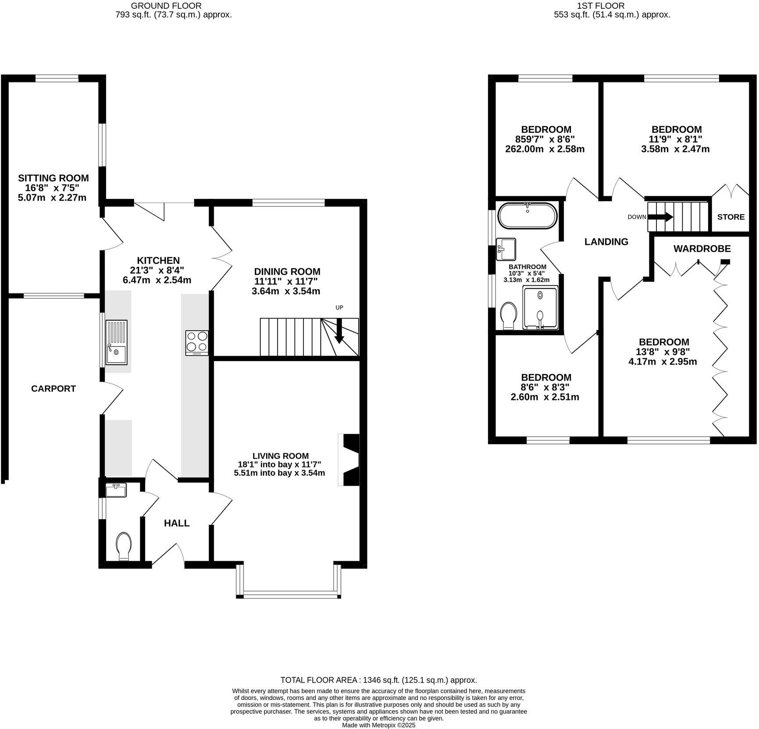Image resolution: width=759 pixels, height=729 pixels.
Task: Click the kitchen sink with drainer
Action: click(116, 342)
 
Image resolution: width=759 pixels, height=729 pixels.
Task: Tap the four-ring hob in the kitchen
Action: click(197, 343)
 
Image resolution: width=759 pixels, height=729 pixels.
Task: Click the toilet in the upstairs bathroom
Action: click(509, 315)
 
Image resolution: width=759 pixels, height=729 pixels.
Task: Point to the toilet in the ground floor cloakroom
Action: click(124, 546)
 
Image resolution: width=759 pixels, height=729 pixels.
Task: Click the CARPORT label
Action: click(53, 389)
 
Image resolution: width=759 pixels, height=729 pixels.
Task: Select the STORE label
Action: click(730, 217)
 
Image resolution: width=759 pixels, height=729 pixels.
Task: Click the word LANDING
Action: click(606, 241)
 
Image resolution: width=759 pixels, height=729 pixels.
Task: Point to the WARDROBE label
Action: click(702, 249)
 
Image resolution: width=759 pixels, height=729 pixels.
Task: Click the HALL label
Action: click(177, 523)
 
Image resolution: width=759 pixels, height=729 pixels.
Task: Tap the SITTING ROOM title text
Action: click(53, 178)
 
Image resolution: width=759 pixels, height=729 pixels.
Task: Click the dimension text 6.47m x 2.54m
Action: click(157, 280)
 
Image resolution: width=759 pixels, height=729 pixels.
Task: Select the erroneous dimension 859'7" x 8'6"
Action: click(545, 139)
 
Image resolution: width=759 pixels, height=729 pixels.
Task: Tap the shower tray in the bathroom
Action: click(540, 307)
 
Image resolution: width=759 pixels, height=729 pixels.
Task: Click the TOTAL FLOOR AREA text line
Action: click(378, 680)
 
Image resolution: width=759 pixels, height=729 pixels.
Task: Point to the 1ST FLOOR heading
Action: click(612, 6)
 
